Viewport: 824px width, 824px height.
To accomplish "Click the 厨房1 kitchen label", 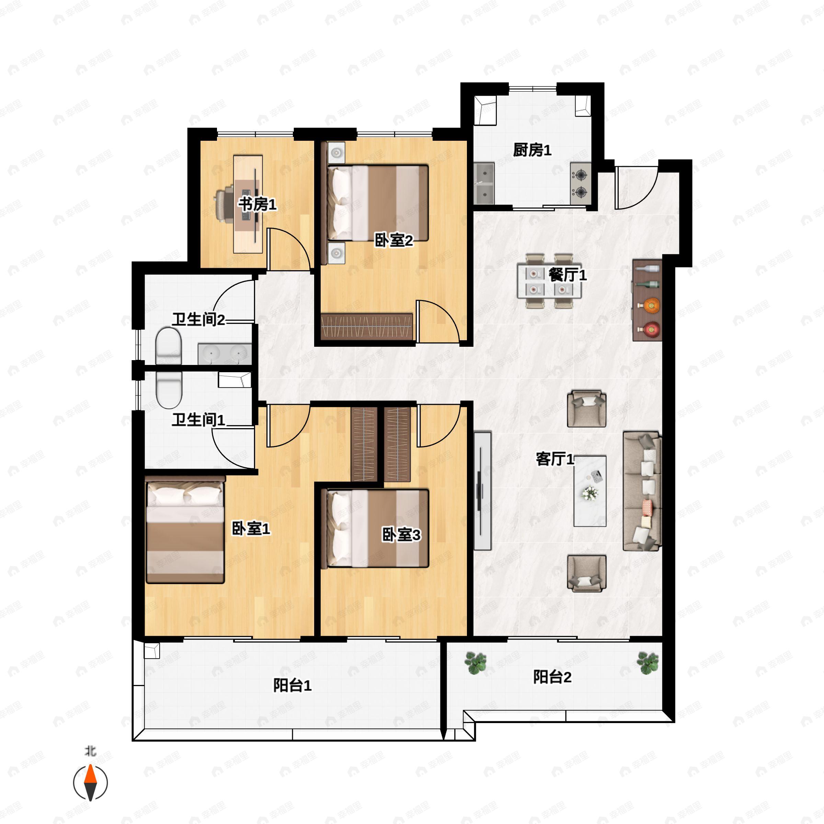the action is [x=532, y=150].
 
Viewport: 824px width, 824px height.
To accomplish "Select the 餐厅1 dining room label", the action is [x=567, y=275].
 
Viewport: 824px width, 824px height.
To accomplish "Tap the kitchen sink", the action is [x=484, y=183].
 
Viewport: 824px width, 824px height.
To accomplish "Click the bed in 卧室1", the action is [x=185, y=530].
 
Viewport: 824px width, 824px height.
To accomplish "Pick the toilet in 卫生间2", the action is [x=169, y=346].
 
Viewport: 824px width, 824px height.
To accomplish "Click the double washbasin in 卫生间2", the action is [x=224, y=354].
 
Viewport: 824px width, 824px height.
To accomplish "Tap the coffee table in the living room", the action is [x=590, y=491].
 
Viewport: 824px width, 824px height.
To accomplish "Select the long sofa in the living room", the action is [x=642, y=491].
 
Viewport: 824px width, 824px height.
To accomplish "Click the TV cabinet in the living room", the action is [x=482, y=491].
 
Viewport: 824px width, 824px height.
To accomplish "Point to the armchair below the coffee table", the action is [x=586, y=574].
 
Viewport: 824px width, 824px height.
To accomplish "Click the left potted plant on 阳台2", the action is [x=476, y=663].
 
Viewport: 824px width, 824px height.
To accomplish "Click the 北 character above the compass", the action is [x=90, y=751].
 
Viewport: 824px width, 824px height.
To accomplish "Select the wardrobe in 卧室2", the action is [x=367, y=327].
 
